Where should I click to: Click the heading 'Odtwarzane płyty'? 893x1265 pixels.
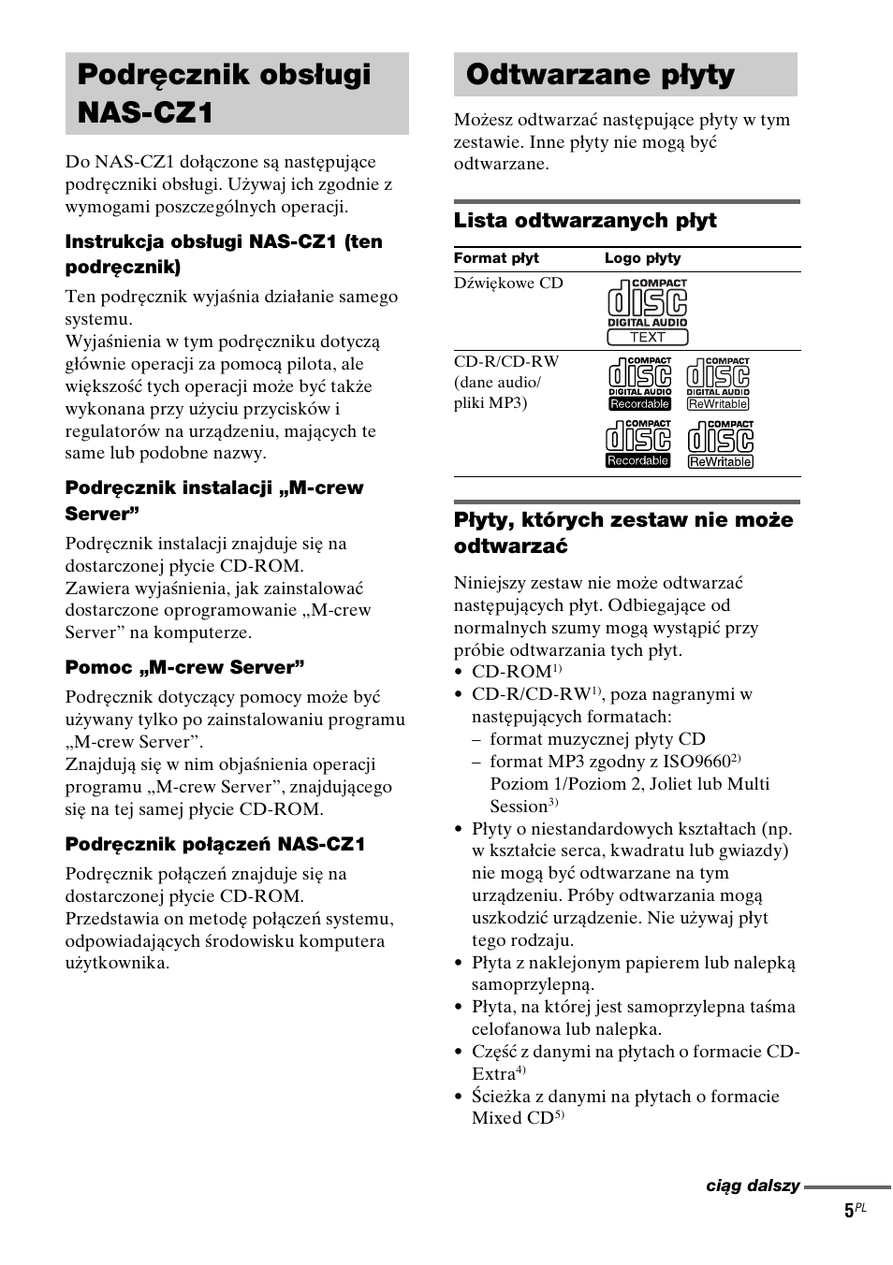click(600, 75)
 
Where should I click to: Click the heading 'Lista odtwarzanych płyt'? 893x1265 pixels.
click(585, 221)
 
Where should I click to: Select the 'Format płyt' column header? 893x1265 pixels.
click(496, 258)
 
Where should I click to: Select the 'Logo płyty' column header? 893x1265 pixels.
click(642, 258)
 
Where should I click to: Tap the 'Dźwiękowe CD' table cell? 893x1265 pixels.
click(508, 284)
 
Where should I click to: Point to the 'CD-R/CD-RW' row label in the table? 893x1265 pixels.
click(506, 362)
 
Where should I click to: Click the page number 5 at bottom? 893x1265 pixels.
click(849, 1211)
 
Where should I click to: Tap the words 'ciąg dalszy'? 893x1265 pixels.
click(753, 1185)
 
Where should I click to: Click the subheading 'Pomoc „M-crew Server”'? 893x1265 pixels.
click(184, 667)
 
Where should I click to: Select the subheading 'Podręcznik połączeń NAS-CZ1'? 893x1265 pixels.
click(215, 844)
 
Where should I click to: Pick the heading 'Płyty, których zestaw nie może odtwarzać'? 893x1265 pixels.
click(623, 532)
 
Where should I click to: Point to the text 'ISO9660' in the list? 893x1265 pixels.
click(697, 762)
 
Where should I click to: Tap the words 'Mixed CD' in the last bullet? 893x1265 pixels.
click(512, 1118)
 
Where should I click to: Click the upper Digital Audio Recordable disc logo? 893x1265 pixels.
click(639, 384)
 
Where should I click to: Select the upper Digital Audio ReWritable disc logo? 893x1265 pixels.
click(718, 384)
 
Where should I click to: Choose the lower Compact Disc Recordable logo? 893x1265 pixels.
click(637, 443)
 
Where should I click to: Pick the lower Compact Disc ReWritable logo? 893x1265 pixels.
click(720, 444)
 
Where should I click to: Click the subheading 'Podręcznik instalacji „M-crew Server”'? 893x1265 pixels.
click(213, 501)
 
